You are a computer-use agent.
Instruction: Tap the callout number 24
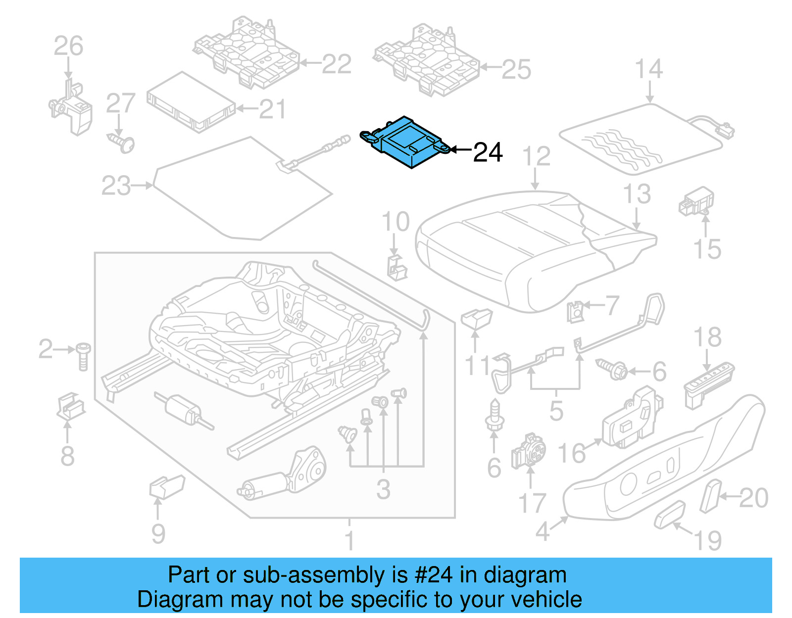coord(488,152)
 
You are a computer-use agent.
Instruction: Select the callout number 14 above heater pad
coord(648,69)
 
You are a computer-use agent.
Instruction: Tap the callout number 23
coord(116,186)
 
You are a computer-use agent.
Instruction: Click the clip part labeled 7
coord(576,312)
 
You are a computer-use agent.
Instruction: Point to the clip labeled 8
coord(71,406)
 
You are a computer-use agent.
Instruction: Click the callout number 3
coord(383,490)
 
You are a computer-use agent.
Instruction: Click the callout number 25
coord(516,70)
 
